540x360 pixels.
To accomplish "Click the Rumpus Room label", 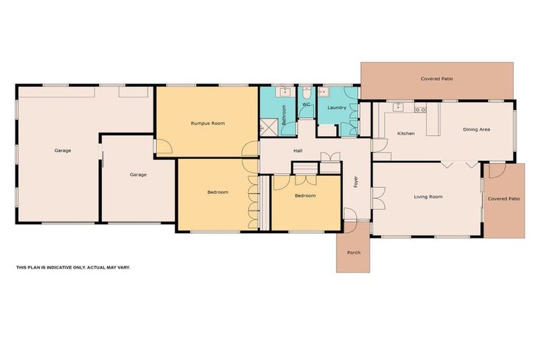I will [207, 123].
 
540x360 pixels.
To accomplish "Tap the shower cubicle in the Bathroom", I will [267, 128].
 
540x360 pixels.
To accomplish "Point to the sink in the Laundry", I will [325, 91].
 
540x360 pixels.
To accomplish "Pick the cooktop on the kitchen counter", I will [420, 109].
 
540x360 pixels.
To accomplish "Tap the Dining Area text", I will [476, 129].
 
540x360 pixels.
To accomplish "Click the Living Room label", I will [427, 197].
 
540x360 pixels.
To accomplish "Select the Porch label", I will [353, 252].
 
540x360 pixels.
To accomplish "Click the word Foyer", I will [356, 182].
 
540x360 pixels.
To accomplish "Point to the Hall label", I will [297, 150].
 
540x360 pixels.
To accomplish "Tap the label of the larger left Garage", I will [63, 150].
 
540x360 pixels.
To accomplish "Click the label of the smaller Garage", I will [138, 174].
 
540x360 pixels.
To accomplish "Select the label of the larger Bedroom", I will [217, 192].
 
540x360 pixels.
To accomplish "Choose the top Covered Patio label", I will [437, 79].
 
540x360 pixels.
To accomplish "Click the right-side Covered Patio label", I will [503, 199].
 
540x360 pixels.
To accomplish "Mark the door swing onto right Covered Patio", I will [496, 170].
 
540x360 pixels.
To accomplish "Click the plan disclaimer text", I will [73, 267].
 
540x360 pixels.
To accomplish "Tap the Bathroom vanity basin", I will [285, 91].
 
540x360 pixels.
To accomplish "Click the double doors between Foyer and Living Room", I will [378, 198].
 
